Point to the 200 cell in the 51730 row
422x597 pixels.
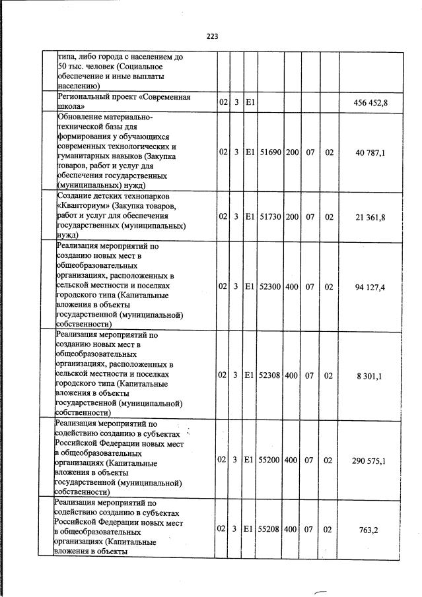[293, 216]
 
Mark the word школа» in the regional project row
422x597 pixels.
[71, 107]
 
